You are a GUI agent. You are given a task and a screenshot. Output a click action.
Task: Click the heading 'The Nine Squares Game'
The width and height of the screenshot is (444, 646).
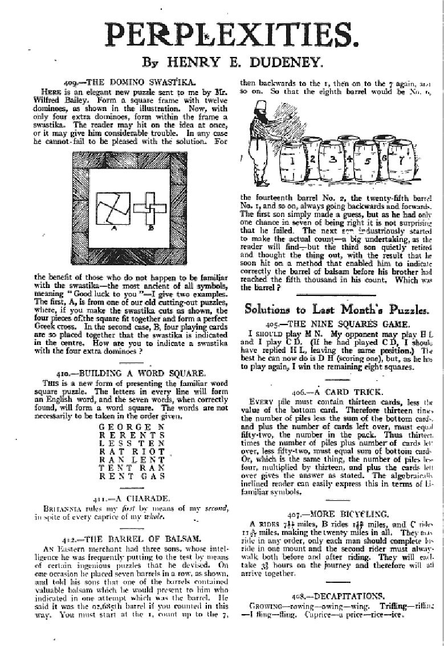pyautogui.click(x=336, y=322)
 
